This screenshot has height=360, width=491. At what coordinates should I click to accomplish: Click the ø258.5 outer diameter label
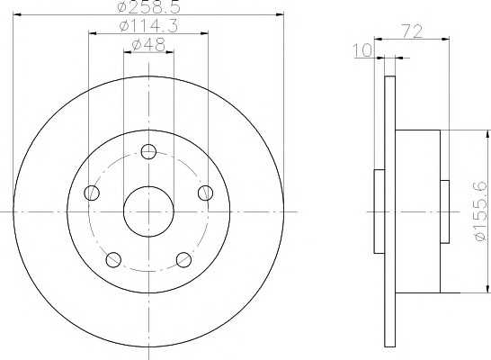(149, 6)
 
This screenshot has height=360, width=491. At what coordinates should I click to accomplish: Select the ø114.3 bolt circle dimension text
(148, 26)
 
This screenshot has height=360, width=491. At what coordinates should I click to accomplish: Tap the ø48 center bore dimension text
(148, 44)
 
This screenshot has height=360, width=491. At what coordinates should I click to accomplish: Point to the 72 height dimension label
(412, 31)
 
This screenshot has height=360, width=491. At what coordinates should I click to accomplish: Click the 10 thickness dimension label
(363, 50)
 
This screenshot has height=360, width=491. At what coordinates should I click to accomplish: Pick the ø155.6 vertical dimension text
(481, 211)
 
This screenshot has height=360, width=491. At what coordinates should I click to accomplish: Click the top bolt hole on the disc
(148, 152)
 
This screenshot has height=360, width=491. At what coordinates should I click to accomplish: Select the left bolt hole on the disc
(92, 193)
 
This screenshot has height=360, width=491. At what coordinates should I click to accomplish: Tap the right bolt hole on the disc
(206, 193)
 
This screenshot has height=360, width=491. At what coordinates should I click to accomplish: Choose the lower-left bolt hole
(113, 259)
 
